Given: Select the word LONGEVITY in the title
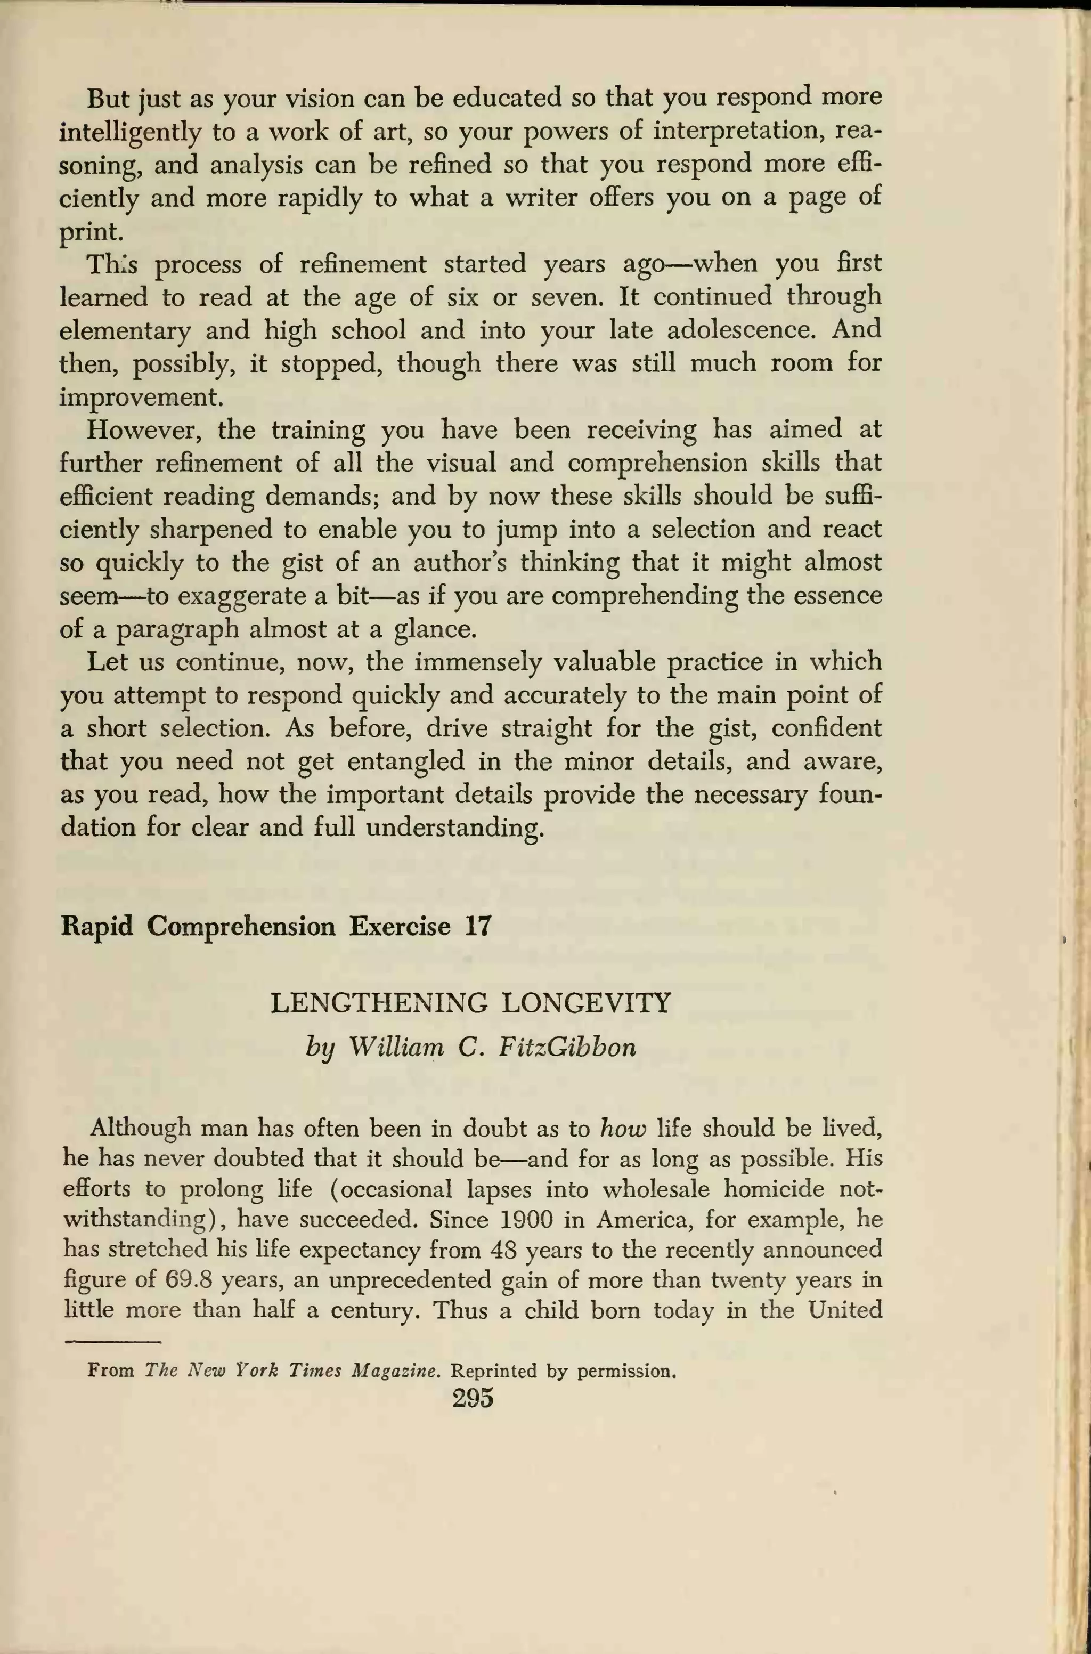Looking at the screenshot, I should (x=587, y=1003).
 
